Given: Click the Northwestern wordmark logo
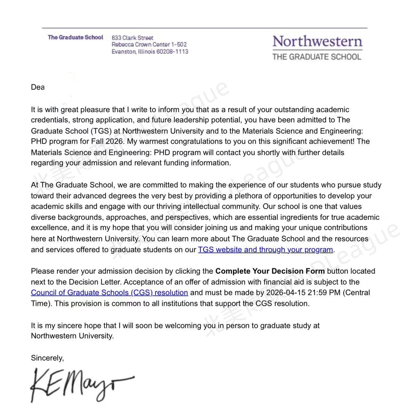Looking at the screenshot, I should point(317,42).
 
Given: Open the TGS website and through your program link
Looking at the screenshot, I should point(265,249).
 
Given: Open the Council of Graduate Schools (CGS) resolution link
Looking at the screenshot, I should point(109,292).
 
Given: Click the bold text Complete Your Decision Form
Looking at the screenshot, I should point(270,271).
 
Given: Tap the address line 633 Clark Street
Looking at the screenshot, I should point(132,37).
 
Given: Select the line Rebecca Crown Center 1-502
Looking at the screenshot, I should point(149,45).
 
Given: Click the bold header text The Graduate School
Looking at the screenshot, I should point(75,37).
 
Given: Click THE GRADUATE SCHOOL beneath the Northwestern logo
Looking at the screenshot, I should point(317,57).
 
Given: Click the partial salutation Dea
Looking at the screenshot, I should point(37,87).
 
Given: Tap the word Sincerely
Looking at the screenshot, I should point(47,358).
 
